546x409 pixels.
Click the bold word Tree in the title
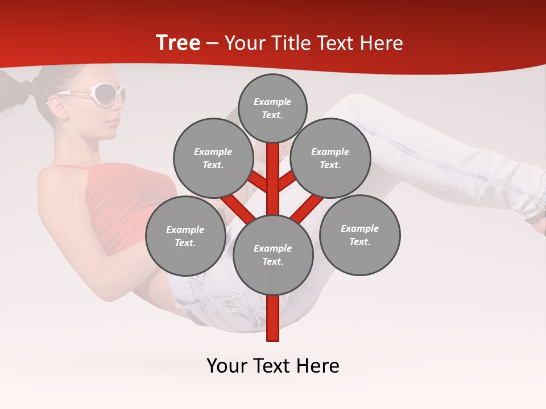tap(178, 43)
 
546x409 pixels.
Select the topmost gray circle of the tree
tap(272, 108)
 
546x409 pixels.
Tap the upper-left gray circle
tap(213, 158)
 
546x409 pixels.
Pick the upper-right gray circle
tap(330, 158)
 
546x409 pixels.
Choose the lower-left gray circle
tap(185, 236)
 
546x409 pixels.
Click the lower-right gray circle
tap(360, 235)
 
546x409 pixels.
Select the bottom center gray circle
tap(273, 255)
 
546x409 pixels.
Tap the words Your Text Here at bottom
tap(273, 366)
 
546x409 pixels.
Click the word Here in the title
tap(381, 43)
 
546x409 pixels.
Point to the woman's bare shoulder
tap(60, 182)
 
